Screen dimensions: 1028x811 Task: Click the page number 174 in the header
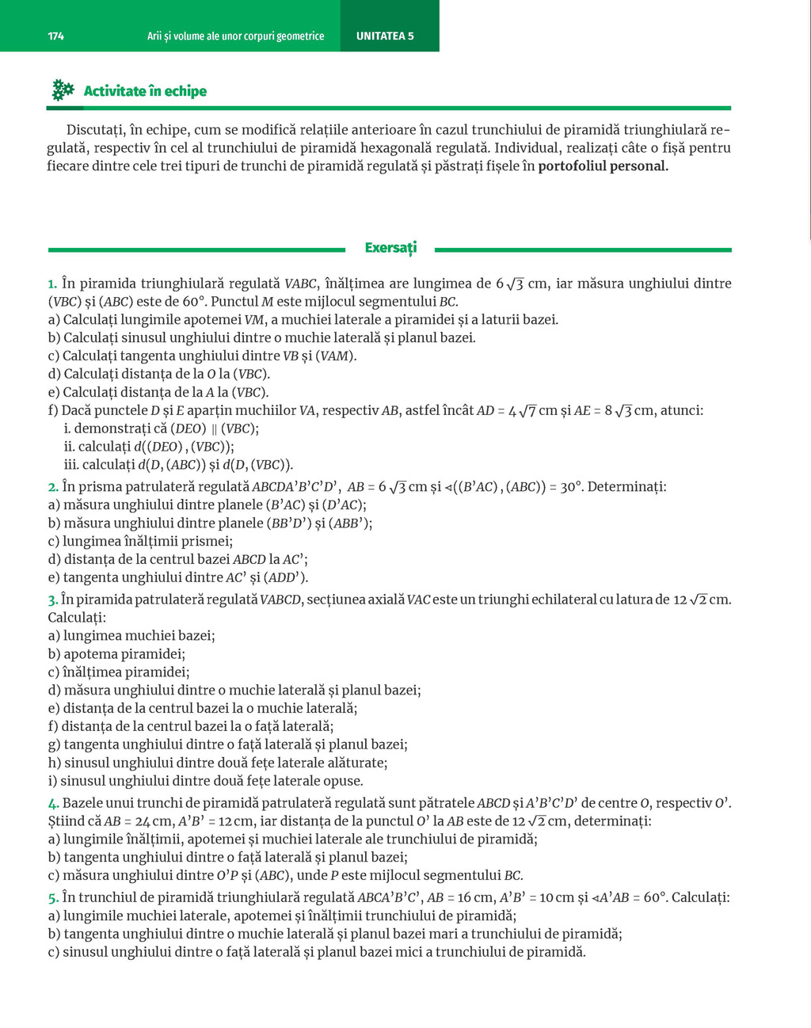[55, 36]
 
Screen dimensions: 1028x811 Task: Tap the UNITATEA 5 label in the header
[385, 36]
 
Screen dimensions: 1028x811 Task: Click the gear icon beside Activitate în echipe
[63, 90]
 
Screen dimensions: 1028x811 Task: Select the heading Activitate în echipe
[145, 91]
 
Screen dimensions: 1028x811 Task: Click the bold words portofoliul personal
[603, 166]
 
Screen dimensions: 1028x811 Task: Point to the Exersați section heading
[390, 248]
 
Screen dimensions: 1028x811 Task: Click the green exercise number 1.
[52, 284]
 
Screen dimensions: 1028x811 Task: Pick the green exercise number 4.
[53, 804]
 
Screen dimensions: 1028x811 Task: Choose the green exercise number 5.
[53, 898]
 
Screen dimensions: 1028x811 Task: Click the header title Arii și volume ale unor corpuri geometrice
[235, 36]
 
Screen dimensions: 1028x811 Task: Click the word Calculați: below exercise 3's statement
[77, 618]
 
